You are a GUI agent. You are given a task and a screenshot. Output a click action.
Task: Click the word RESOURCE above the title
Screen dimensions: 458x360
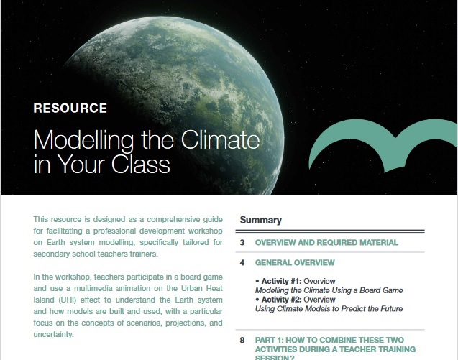[70, 108]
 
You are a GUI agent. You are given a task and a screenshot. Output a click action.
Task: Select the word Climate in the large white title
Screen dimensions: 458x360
[220, 139]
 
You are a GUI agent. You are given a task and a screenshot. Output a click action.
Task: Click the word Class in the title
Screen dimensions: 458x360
[140, 164]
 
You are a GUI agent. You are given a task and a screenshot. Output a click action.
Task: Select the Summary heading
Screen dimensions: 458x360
[260, 220]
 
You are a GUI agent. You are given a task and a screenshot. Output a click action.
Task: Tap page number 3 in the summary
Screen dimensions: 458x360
[242, 243]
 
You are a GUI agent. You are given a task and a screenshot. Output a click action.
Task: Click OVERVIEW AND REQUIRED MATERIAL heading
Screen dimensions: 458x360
[326, 243]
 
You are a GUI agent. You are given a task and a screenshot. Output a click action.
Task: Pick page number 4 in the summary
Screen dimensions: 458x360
[242, 263]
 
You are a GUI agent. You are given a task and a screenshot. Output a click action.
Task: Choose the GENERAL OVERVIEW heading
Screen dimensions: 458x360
[295, 263]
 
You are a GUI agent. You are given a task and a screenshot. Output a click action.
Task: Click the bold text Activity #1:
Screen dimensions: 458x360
[281, 281]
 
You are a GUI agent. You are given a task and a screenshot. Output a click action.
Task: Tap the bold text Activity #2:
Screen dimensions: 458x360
[281, 300]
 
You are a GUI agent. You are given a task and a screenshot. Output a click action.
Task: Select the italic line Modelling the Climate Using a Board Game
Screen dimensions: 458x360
[329, 290]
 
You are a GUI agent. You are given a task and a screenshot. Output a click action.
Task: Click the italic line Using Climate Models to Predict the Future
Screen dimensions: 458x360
[329, 308]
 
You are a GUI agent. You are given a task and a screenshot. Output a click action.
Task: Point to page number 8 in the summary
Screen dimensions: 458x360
[242, 340]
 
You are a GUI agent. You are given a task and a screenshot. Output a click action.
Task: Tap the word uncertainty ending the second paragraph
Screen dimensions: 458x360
[53, 334]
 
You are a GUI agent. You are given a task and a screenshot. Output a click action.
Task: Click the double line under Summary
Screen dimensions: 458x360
[330, 231]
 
